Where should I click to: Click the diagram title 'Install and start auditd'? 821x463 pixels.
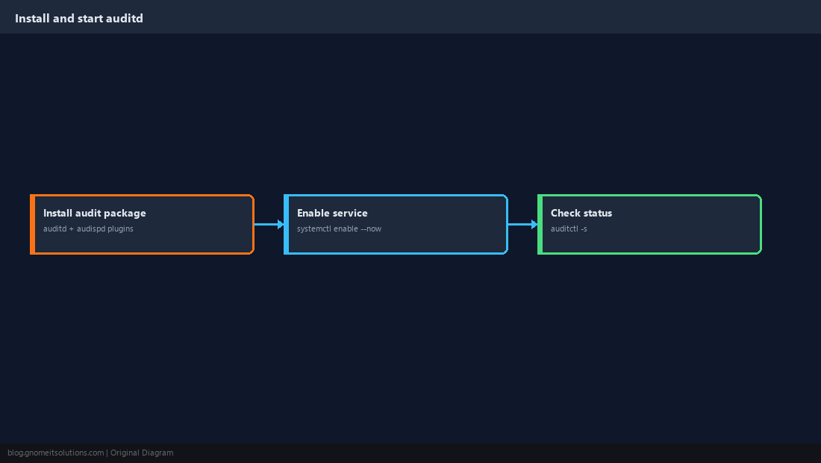coord(79,19)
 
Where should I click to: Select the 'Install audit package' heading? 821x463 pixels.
coord(95,213)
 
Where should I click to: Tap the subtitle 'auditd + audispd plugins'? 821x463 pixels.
coord(88,229)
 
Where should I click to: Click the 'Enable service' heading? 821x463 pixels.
coord(332,213)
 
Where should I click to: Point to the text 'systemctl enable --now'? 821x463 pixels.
coord(339,229)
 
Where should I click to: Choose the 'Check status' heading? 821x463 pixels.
coord(581,213)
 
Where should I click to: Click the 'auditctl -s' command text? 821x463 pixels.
coord(569,229)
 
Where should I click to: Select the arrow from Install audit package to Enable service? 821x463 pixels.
coord(269,224)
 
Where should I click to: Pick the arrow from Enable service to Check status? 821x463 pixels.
coord(523,224)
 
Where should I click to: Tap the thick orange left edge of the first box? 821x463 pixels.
coord(32,224)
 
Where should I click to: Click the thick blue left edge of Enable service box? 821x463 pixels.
coord(287,224)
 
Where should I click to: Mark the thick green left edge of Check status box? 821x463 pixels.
coord(540,224)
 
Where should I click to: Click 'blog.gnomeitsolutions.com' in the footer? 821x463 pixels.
coord(55,453)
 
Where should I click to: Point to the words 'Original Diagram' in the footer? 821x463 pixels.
coord(142,453)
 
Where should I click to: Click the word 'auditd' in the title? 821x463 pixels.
coord(124,19)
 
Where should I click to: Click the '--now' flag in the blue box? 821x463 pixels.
coord(371,229)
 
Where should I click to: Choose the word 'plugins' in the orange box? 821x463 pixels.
coord(120,229)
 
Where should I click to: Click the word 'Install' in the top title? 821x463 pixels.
coord(32,19)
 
